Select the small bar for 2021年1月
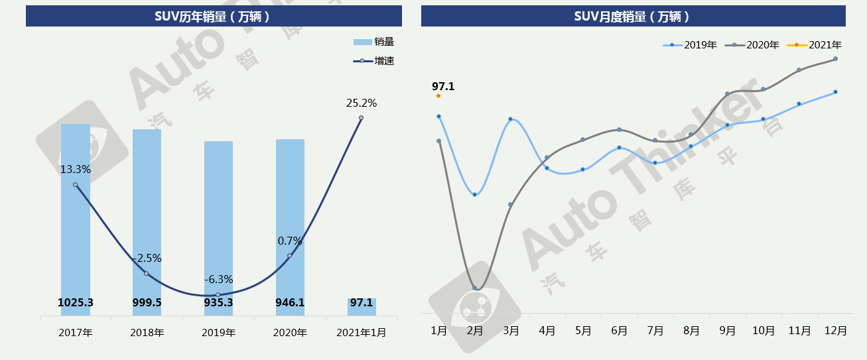[362, 307]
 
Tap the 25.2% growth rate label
[362, 103]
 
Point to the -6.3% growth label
[218, 280]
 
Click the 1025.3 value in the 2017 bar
[76, 303]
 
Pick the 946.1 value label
[290, 303]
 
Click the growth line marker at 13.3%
[76, 185]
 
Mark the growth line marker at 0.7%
[290, 255]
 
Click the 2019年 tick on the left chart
[218, 332]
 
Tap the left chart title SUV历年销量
[213, 17]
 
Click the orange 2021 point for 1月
[438, 95]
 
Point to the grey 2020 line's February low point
[475, 288]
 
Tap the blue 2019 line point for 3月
[510, 119]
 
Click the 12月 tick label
[834, 331]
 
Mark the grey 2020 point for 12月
[835, 59]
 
